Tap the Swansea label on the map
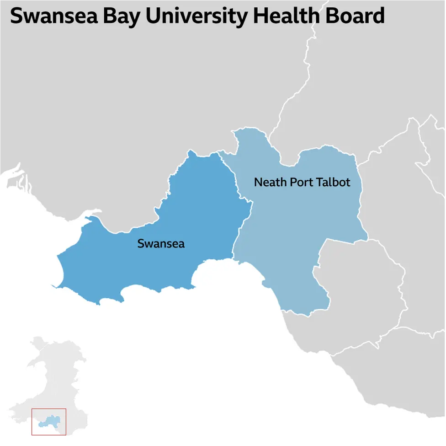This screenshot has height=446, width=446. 161,244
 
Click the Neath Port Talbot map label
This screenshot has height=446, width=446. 302,183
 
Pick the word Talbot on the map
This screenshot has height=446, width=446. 335,183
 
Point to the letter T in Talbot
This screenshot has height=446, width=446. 323,183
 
